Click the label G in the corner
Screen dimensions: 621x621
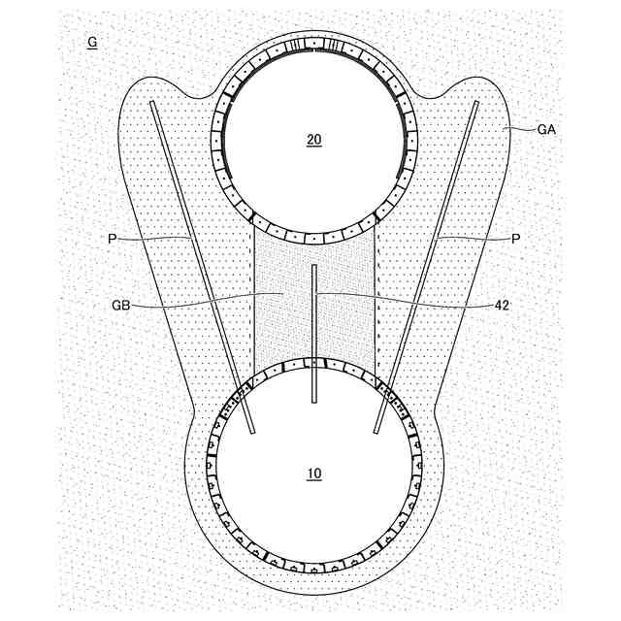(91, 43)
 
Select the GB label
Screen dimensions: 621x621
(121, 305)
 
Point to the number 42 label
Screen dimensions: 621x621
(502, 305)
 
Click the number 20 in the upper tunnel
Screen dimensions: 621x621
(313, 140)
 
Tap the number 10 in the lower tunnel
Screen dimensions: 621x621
(313, 474)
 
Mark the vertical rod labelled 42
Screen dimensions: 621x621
(314, 330)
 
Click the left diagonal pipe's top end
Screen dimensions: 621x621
(152, 103)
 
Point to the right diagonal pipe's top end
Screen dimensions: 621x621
(476, 103)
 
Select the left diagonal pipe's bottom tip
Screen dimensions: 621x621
(251, 432)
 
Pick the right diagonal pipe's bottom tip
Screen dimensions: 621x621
(376, 432)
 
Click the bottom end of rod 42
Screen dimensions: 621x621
(314, 400)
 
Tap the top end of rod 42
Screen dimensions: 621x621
(314, 265)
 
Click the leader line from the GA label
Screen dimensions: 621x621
(519, 126)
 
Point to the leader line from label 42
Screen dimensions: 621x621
(408, 297)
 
